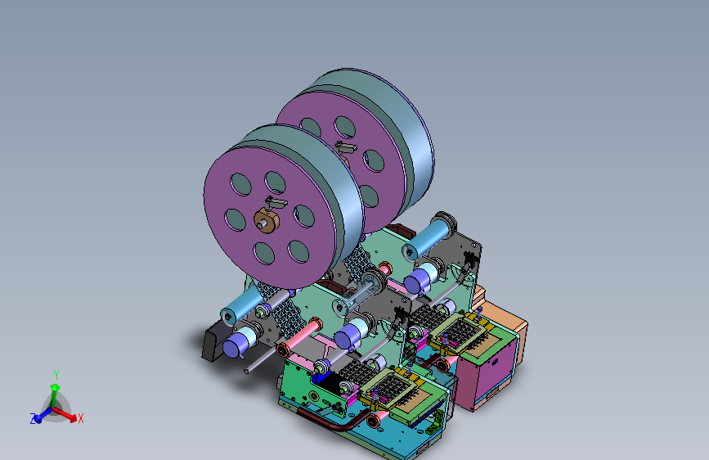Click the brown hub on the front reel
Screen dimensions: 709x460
coord(267,221)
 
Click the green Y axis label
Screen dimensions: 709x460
coord(56,374)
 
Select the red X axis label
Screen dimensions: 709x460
coord(80,418)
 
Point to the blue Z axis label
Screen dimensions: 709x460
coord(33,419)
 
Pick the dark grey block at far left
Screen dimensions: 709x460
coord(213,342)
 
